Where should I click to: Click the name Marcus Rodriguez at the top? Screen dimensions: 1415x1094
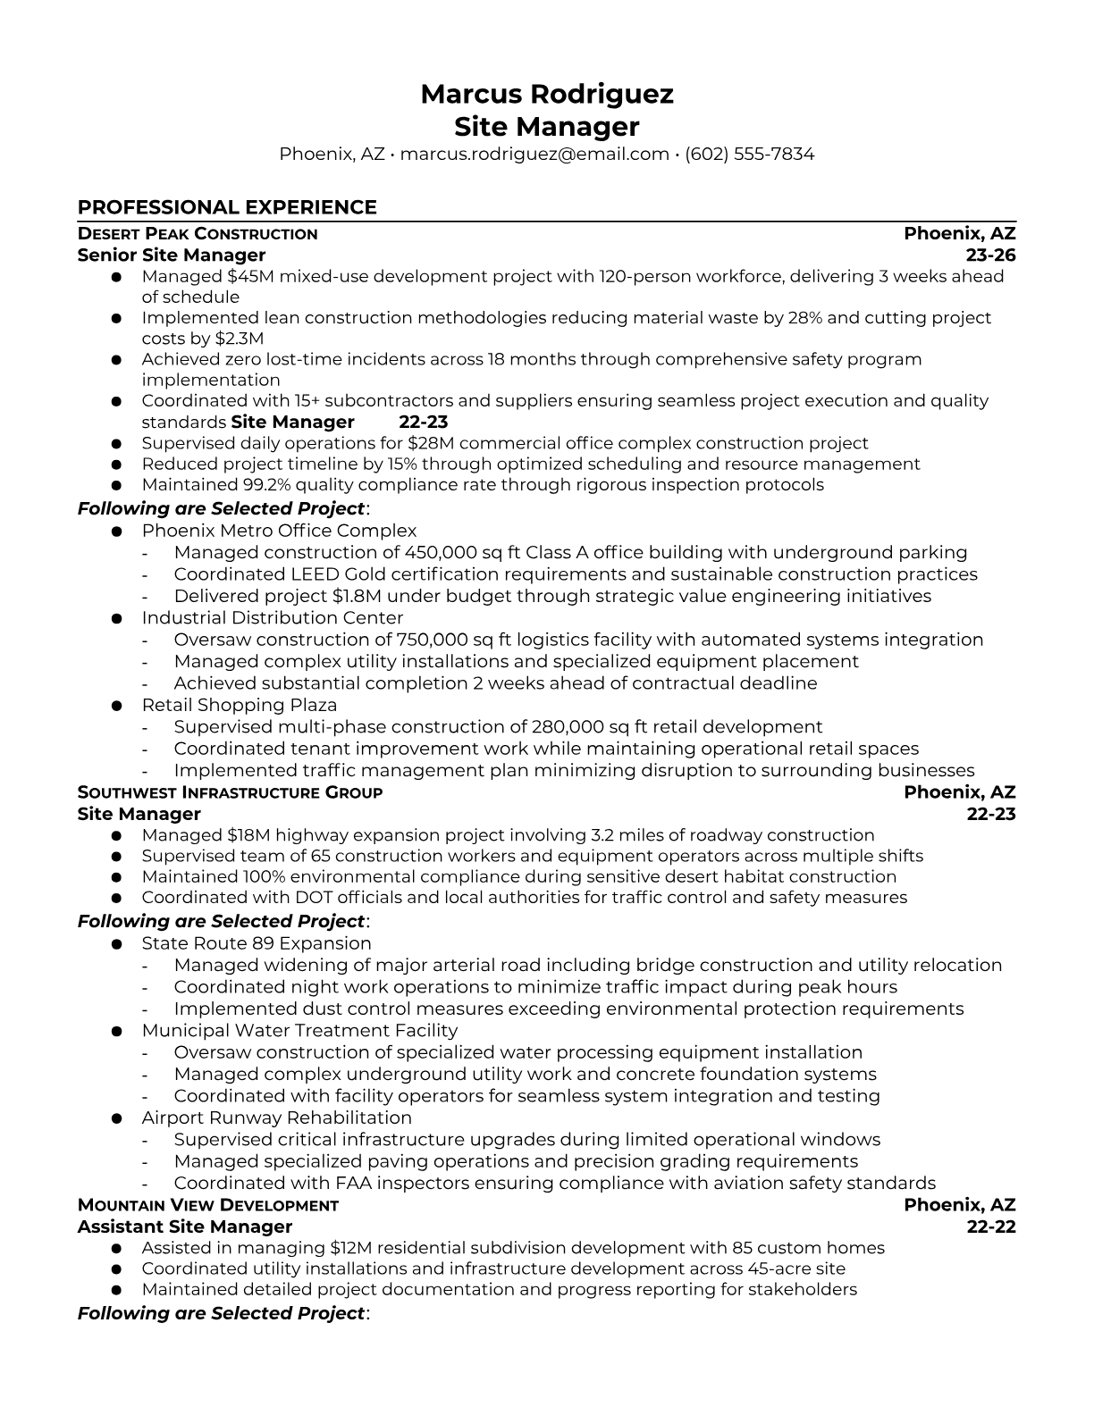[546, 94]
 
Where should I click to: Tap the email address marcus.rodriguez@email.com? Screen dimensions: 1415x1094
[534, 154]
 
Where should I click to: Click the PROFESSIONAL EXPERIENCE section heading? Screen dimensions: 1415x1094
[227, 207]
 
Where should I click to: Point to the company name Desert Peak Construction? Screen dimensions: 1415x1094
[198, 234]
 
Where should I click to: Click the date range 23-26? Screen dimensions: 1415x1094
[991, 255]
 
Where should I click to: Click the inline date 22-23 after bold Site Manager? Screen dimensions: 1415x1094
[423, 422]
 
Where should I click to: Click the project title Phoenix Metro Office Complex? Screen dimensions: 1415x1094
[279, 531]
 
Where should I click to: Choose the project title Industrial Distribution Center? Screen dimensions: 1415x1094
[273, 617]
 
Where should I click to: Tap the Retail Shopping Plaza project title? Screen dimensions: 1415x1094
[239, 705]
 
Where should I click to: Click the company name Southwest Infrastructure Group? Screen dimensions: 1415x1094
[230, 792]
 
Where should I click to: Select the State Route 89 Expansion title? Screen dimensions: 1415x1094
[257, 943]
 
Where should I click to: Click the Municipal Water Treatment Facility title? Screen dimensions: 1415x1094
[299, 1030]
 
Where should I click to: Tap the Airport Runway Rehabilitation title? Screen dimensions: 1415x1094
[276, 1118]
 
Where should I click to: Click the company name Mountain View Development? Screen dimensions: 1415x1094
[207, 1205]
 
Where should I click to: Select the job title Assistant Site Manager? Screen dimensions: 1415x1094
[185, 1227]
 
